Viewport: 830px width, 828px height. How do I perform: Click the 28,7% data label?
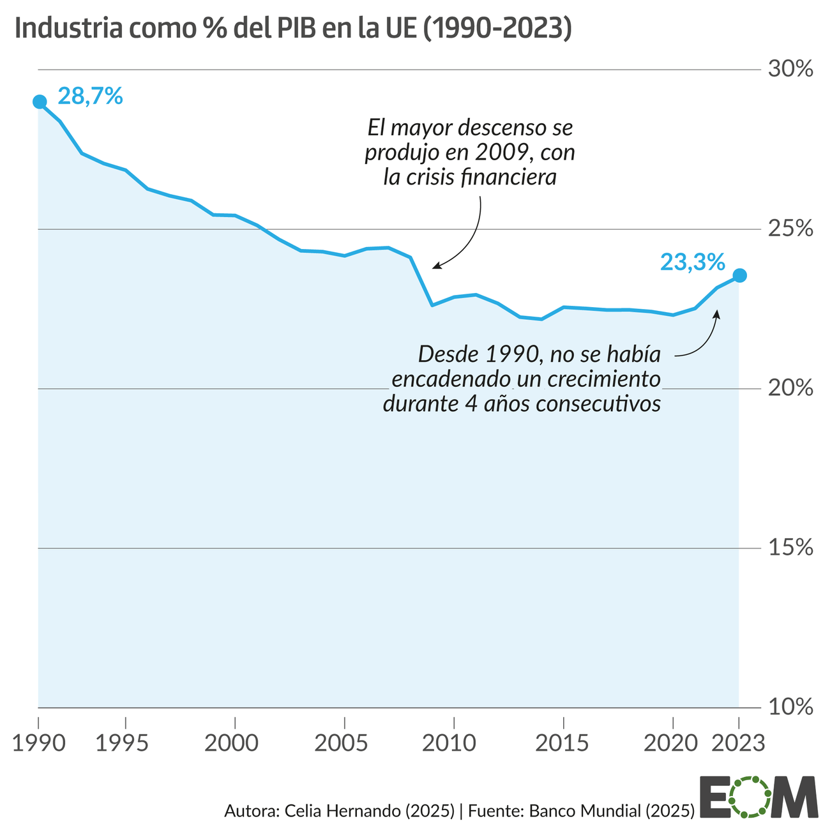pos(90,96)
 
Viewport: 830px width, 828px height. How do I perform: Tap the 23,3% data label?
pos(692,262)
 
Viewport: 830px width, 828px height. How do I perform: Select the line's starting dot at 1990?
pos(40,102)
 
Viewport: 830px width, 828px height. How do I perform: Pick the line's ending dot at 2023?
pos(739,275)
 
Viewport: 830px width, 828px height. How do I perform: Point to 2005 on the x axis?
pos(344,743)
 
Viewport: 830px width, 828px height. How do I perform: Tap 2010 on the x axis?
pos(453,743)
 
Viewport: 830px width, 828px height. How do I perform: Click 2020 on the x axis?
pos(672,743)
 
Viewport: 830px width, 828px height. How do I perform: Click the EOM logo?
pos(758,797)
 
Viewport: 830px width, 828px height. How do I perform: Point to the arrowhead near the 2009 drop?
pos(435,266)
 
